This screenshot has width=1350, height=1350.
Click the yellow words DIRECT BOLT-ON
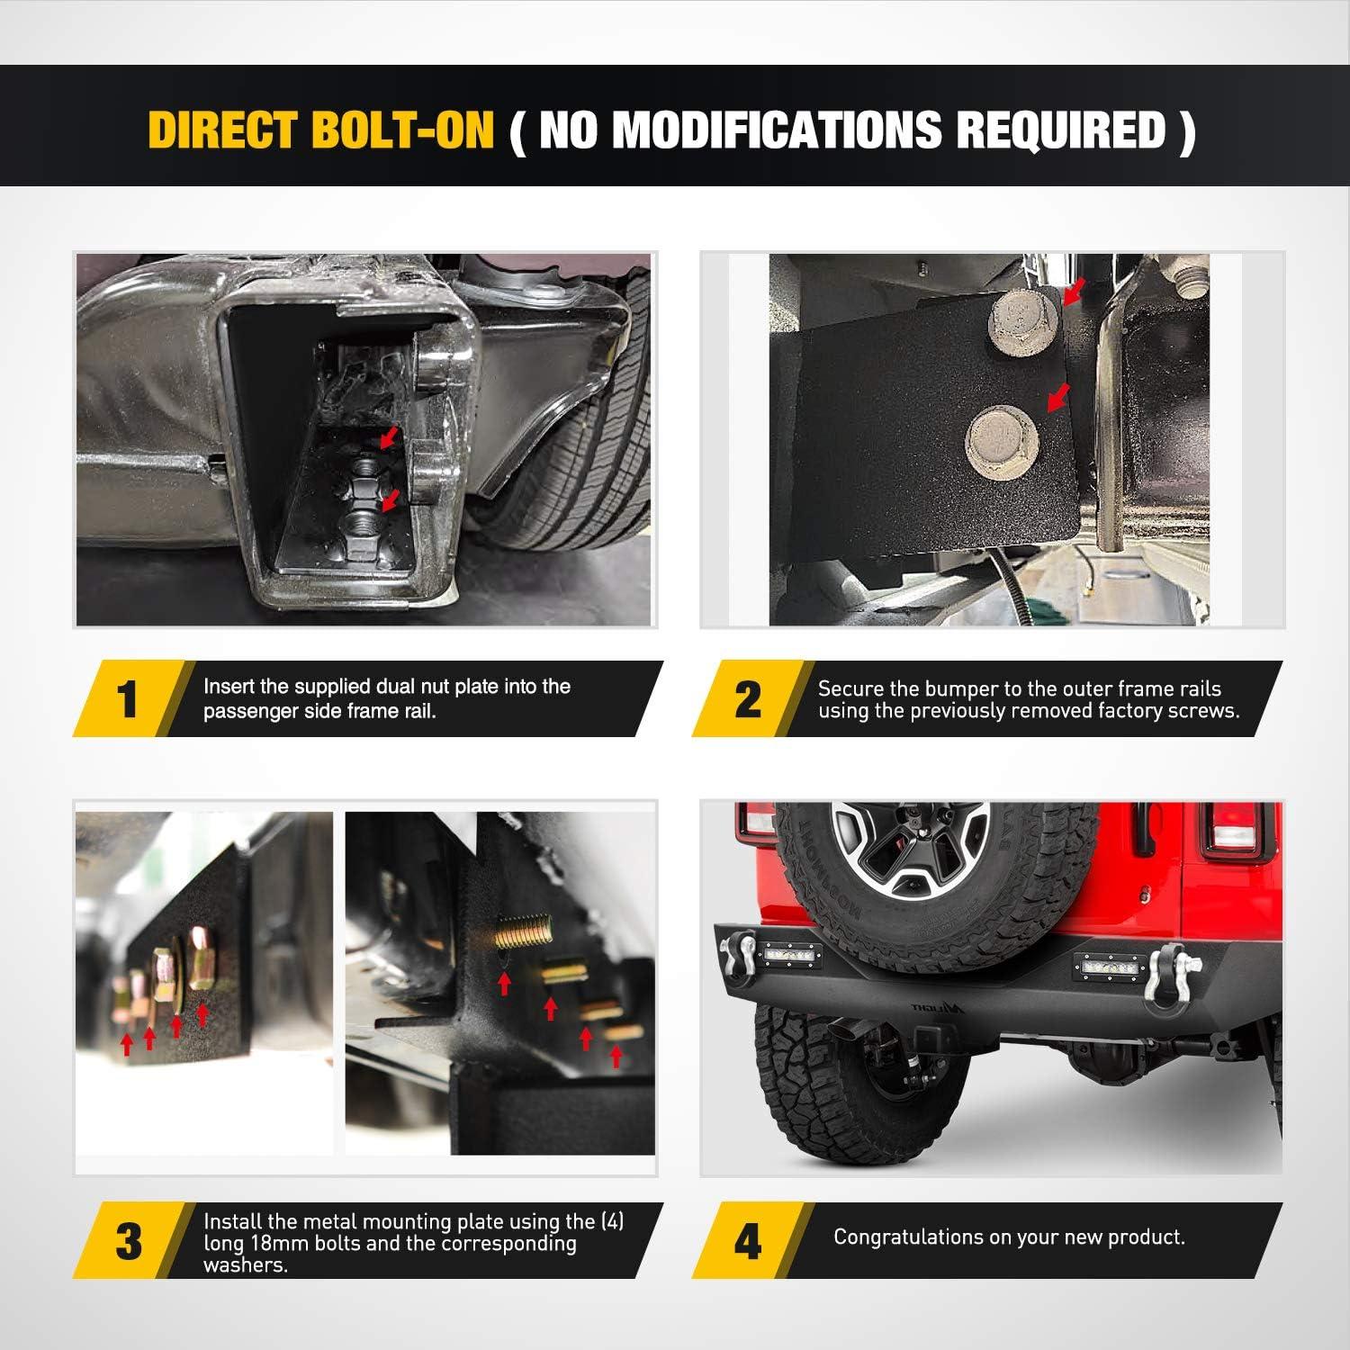[x=321, y=130]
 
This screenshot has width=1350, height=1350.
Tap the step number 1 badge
[x=129, y=699]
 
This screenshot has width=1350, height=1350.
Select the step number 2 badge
[x=748, y=699]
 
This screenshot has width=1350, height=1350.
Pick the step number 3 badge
[x=129, y=1241]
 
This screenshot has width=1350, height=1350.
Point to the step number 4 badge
[x=748, y=1241]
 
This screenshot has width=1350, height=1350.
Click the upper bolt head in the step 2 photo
[x=1025, y=328]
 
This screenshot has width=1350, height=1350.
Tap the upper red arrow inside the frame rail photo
[x=387, y=438]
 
